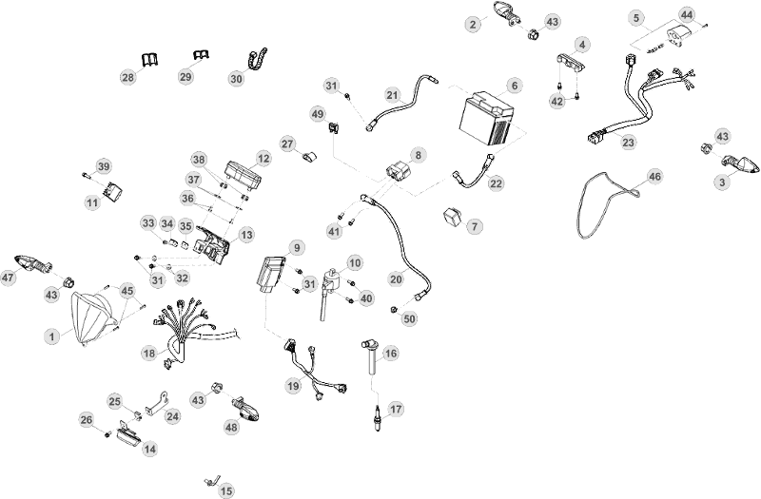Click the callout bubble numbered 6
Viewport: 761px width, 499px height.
[515, 86]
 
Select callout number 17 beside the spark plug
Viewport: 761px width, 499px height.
[396, 410]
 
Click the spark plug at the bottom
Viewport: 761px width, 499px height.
[378, 418]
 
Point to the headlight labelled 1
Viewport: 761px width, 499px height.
[92, 317]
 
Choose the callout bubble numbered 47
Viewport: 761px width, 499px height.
[9, 278]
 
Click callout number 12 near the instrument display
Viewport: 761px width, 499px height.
[263, 159]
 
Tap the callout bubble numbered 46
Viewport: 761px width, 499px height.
[655, 177]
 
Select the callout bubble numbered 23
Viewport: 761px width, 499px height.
[628, 143]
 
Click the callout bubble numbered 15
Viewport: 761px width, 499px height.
[226, 490]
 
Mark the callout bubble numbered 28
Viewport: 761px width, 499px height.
[128, 77]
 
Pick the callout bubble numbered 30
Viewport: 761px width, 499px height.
[236, 79]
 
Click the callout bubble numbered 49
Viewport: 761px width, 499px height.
[318, 114]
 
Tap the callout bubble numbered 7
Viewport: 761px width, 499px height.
[475, 226]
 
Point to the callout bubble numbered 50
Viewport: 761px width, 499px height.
[410, 318]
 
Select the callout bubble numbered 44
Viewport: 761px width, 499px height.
[686, 15]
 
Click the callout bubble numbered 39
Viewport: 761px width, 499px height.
[104, 167]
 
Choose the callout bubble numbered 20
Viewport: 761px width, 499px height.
[396, 279]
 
